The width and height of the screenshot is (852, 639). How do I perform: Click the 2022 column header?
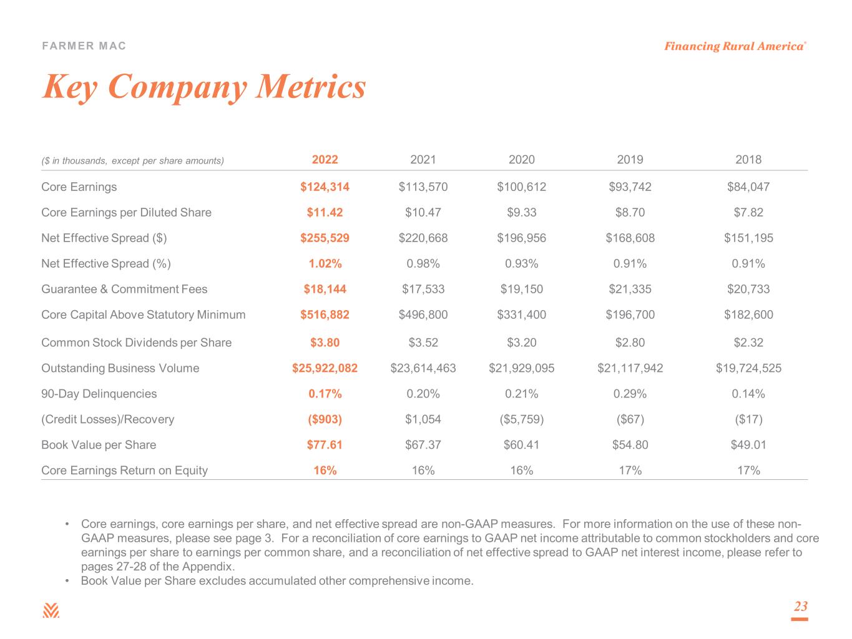tap(325, 160)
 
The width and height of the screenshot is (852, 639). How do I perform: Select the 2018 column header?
tap(748, 160)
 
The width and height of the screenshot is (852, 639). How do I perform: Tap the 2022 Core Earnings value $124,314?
tap(325, 187)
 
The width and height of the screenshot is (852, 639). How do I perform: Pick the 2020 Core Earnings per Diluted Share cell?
tap(521, 212)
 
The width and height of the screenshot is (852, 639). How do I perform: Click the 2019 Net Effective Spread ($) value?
tap(630, 238)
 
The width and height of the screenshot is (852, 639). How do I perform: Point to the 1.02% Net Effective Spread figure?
tap(325, 263)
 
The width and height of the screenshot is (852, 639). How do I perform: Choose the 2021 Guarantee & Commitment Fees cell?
tap(423, 289)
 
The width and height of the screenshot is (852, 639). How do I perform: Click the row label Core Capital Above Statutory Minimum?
tap(143, 315)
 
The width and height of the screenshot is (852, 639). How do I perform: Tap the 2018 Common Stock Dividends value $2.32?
tap(748, 342)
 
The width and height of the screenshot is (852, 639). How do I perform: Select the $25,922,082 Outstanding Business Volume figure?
tap(325, 368)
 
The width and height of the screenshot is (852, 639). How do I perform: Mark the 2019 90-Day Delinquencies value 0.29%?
tap(630, 393)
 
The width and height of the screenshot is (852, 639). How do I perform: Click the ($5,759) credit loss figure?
tap(521, 419)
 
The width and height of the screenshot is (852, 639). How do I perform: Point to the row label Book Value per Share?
tap(99, 445)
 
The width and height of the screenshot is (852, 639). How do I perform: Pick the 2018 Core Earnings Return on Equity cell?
tap(748, 471)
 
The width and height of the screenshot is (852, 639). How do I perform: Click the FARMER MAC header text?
tap(84, 46)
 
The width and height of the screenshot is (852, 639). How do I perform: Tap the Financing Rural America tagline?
tap(735, 46)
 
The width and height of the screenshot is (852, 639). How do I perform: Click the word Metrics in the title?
tap(310, 86)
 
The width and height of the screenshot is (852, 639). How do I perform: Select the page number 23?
tap(800, 606)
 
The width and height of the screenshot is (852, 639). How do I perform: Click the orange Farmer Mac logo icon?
tap(51, 610)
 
